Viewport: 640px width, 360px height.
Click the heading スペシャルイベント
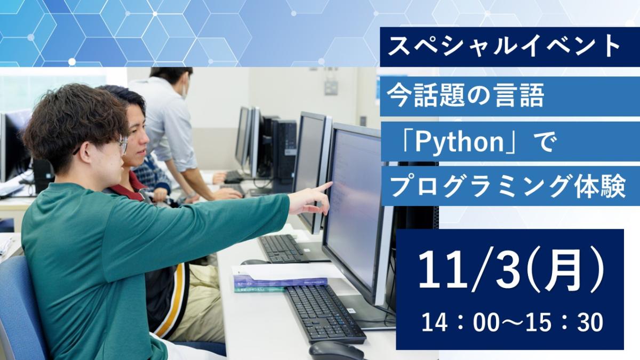point(504,46)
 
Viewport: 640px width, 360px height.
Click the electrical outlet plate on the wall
point(331,87)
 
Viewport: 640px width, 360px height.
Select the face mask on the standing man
point(184,91)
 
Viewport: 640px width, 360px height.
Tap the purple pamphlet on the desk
point(281,281)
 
